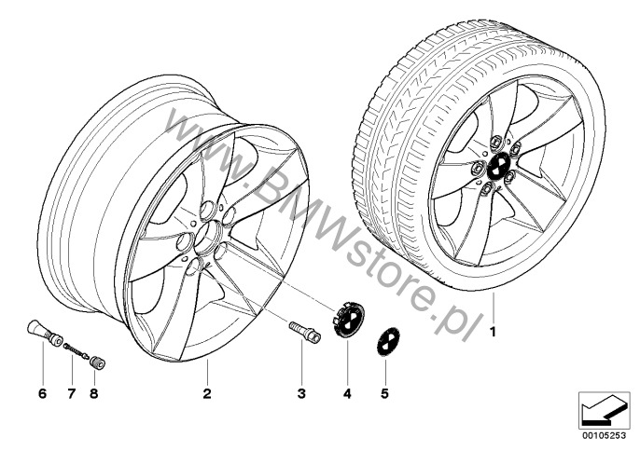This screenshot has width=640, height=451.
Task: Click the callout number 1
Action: (493, 333)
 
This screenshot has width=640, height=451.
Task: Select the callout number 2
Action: (207, 393)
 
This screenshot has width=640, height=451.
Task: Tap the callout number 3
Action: (301, 393)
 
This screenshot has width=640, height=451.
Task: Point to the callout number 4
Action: (347, 393)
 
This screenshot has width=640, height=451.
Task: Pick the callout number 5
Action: (384, 393)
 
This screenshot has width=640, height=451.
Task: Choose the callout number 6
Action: (43, 393)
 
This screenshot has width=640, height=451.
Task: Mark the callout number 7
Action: (72, 393)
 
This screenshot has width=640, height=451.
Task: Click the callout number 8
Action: (94, 393)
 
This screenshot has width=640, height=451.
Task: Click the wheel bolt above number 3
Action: (304, 333)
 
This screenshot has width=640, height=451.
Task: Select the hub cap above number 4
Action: (346, 319)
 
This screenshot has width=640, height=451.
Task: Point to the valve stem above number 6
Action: (45, 333)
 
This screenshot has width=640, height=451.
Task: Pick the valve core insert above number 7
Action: (76, 351)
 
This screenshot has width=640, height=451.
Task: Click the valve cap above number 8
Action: (98, 362)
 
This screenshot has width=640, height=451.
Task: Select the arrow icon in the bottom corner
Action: (605, 411)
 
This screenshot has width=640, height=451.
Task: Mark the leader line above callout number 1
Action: (493, 307)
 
